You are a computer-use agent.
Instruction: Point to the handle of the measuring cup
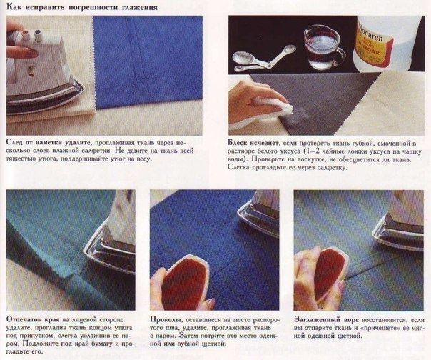tap(340, 56)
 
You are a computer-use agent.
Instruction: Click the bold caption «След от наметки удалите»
tap(48, 142)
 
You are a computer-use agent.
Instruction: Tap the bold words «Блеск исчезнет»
tap(253, 143)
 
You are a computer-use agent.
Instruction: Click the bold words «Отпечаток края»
tap(33, 319)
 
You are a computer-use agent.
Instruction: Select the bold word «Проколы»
tap(166, 320)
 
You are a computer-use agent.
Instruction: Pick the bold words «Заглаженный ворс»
tap(326, 320)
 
